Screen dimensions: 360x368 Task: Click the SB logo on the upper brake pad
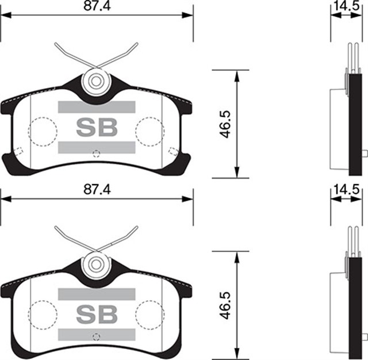point(97,127)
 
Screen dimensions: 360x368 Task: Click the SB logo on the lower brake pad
point(97,314)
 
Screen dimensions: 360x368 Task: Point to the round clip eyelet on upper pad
point(95,81)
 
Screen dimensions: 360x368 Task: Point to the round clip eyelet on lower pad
point(95,264)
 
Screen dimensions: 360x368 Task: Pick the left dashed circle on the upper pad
point(43,131)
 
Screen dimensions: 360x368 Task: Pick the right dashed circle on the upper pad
point(149,131)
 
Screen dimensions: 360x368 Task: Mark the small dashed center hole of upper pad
point(97,153)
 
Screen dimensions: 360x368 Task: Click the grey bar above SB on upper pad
point(97,107)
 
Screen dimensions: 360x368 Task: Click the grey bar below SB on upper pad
point(97,147)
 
